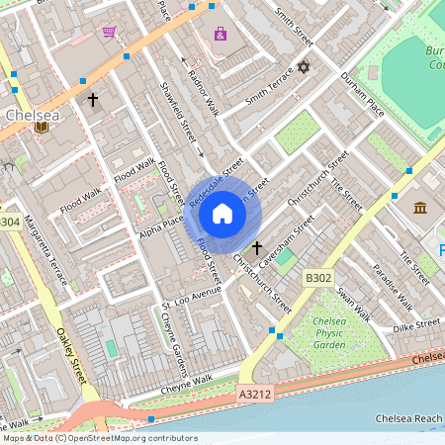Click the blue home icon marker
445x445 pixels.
[222, 213]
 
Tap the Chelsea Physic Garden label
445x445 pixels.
[313, 333]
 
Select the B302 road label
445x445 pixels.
[318, 279]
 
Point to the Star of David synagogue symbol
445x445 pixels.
[304, 68]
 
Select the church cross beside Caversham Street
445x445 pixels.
[258, 247]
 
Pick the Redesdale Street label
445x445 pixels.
[216, 177]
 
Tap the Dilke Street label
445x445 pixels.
[413, 324]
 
